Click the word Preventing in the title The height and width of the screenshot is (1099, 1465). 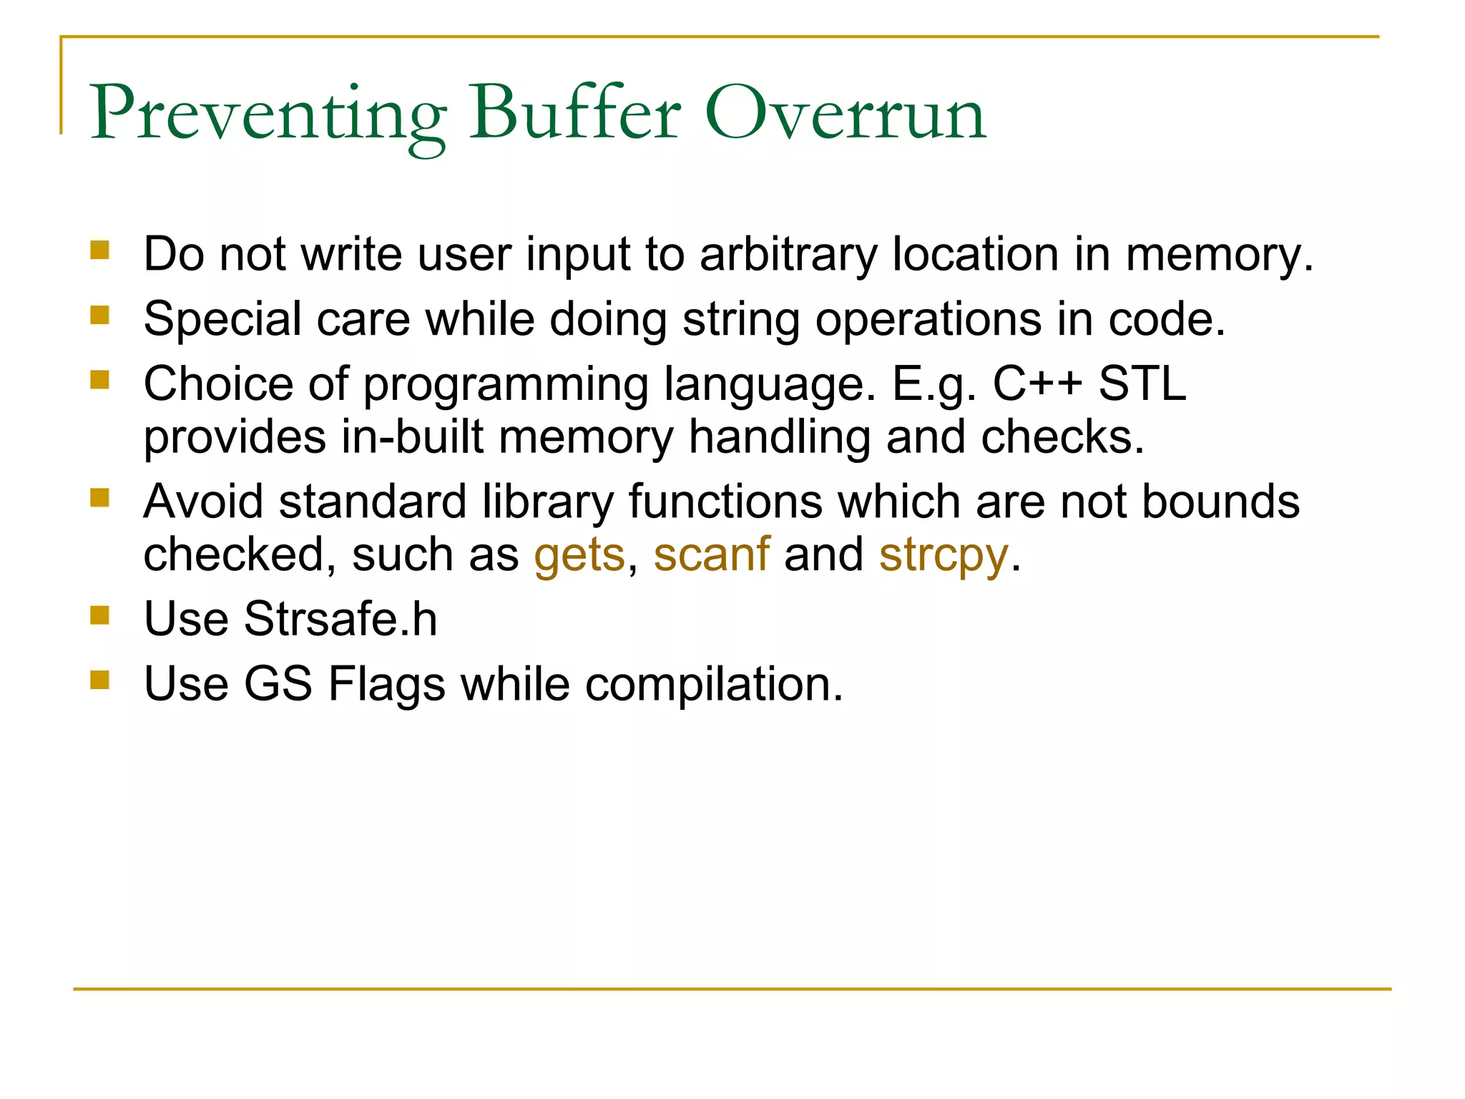[268, 114]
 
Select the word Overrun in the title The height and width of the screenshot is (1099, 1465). [845, 114]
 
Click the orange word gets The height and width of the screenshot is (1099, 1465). [579, 555]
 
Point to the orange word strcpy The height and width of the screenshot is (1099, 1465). [944, 555]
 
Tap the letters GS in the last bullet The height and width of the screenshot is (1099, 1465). [278, 684]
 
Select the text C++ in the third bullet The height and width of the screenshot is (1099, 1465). [1037, 384]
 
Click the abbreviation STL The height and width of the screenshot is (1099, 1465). [1142, 384]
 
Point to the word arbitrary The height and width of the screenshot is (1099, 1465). [788, 255]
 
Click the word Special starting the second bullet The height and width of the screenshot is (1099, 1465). [222, 320]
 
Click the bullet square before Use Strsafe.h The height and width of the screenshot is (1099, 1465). [100, 615]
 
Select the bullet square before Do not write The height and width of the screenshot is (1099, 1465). [100, 250]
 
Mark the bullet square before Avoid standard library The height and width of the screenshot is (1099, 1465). [100, 497]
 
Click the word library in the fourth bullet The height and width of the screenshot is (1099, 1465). [547, 502]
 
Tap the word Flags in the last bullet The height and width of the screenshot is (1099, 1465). [386, 685]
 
